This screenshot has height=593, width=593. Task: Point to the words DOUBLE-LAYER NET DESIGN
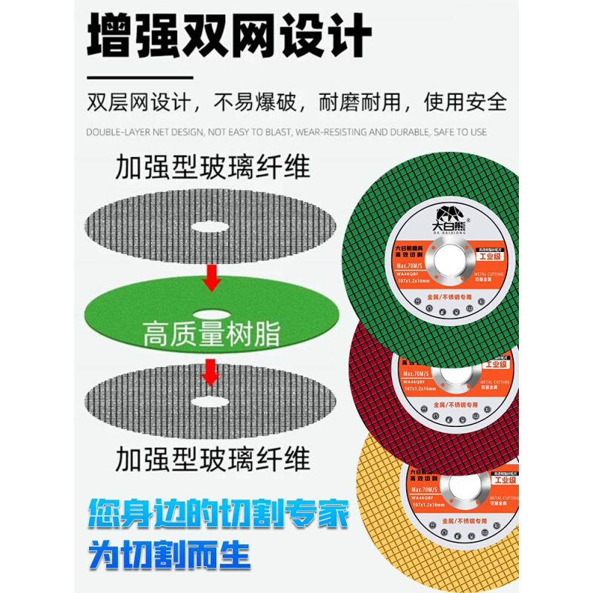[145, 133]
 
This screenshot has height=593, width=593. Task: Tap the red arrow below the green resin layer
[211, 371]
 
